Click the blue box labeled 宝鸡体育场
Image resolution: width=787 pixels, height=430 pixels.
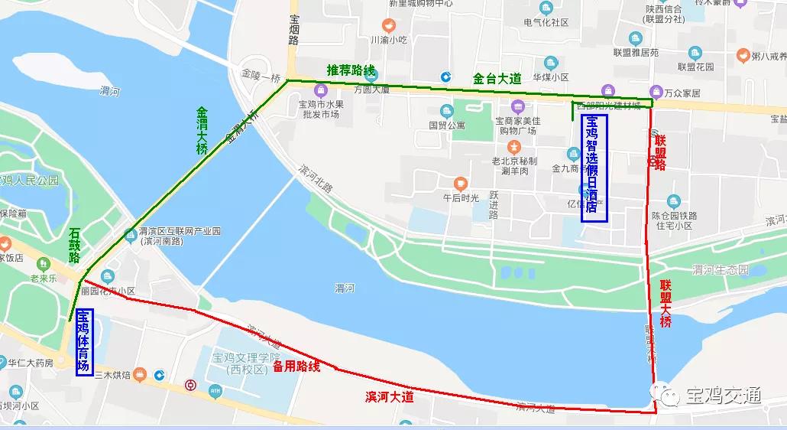pyautogui.click(x=83, y=342)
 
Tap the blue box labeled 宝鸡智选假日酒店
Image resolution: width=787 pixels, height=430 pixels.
pyautogui.click(x=594, y=168)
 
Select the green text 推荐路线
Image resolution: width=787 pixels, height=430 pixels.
pyautogui.click(x=351, y=71)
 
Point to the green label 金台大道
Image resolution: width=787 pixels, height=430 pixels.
pyautogui.click(x=496, y=78)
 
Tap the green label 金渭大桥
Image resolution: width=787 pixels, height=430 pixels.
pyautogui.click(x=202, y=131)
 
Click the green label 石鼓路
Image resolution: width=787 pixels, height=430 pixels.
pyautogui.click(x=75, y=246)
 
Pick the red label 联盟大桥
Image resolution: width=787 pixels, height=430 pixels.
pyautogui.click(x=666, y=304)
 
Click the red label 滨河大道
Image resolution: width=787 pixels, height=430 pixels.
pyautogui.click(x=389, y=396)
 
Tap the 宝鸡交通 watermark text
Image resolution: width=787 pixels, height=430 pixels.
pyautogui.click(x=724, y=396)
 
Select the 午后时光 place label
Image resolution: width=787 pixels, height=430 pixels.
pyautogui.click(x=461, y=197)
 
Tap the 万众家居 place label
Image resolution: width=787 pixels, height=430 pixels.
pyautogui.click(x=682, y=93)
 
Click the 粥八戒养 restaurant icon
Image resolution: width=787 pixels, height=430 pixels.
pyautogui.click(x=742, y=55)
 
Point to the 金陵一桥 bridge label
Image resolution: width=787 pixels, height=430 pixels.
pyautogui.click(x=261, y=77)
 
